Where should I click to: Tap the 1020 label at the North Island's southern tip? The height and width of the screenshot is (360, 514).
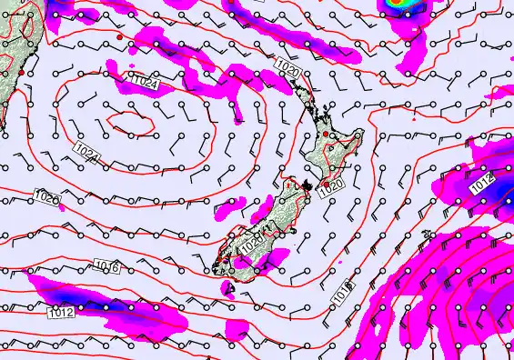(332, 184)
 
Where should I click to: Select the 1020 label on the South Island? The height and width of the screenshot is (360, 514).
(252, 244)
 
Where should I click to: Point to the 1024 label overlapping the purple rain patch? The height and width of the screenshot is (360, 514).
(145, 83)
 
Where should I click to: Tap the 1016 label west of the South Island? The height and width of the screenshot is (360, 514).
(106, 265)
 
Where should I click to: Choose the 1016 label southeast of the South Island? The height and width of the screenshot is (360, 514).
(339, 293)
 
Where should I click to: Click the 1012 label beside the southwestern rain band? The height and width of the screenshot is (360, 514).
(62, 313)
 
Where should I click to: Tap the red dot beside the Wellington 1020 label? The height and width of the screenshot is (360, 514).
(327, 183)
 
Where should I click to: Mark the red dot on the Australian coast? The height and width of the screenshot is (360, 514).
(20, 71)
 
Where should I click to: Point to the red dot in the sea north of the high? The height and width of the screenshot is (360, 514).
(120, 36)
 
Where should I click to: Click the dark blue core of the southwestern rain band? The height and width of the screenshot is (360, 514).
(68, 295)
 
